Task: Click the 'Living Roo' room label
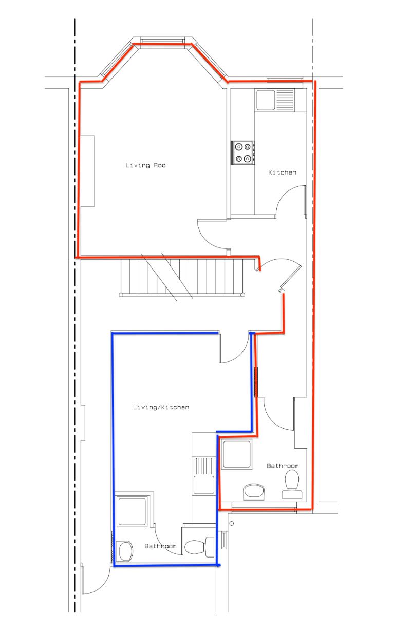145,165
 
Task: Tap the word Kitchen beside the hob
282,172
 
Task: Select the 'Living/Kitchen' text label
161,407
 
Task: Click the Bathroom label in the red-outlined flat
283,466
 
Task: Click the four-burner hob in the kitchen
243,152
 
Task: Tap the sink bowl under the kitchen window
266,100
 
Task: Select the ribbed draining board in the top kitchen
285,100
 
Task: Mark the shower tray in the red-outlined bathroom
237,454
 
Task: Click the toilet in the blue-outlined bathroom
199,547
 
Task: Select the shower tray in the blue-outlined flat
132,511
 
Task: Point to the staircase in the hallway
182,278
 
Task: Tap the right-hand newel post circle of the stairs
243,295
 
